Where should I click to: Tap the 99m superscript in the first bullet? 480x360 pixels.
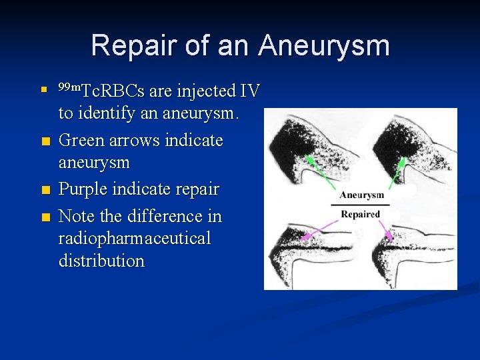(x=68, y=87)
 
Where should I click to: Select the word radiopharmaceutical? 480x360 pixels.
(x=134, y=239)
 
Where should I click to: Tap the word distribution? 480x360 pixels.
(x=101, y=261)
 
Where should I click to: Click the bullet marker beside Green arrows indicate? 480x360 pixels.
(x=45, y=141)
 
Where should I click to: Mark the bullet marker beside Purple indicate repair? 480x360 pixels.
(x=45, y=190)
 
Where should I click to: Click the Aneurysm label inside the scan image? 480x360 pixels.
(x=361, y=195)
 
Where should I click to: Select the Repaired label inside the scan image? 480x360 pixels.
(x=360, y=214)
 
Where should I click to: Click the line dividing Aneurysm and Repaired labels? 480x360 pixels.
(x=361, y=204)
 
